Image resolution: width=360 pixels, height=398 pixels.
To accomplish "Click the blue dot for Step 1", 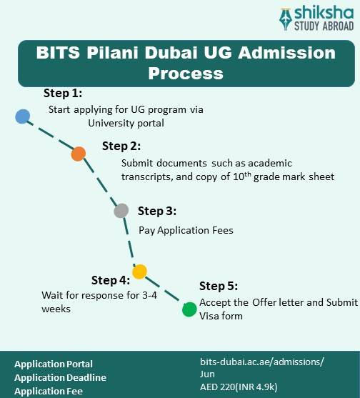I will [x=23, y=116].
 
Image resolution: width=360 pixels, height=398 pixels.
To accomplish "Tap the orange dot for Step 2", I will [x=79, y=154].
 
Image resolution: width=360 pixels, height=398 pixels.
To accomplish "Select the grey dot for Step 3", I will [x=121, y=211].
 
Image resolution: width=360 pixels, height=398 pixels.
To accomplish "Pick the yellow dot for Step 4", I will [x=139, y=272].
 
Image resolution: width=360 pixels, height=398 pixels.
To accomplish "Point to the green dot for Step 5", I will [x=189, y=309].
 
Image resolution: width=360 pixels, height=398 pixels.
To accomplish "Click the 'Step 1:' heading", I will [x=63, y=94].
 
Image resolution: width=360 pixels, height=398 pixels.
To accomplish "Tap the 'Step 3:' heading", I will [x=156, y=211].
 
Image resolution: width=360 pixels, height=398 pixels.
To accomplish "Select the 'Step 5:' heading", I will [x=219, y=286].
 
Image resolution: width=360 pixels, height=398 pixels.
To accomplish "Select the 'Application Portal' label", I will [x=54, y=364].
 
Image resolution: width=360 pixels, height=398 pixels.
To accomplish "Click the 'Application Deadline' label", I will [x=60, y=377].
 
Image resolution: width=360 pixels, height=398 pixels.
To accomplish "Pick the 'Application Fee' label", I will [x=49, y=391].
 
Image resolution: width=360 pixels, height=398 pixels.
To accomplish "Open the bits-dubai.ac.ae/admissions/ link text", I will [x=261, y=362].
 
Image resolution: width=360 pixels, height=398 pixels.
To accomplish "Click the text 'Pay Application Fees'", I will [x=186, y=230].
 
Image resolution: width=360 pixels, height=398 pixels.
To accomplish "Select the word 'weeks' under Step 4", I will [x=56, y=309].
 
